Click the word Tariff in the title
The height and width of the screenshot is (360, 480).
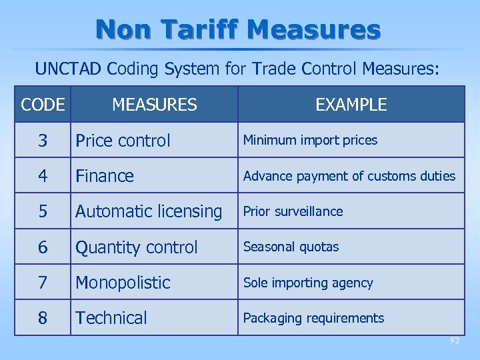199,29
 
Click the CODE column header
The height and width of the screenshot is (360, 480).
43,105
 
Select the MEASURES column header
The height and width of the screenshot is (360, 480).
155,105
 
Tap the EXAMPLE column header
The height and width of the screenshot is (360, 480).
351,105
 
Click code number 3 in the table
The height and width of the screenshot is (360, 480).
43,141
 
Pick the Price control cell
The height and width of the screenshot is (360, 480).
123,141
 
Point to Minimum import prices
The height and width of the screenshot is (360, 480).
310,140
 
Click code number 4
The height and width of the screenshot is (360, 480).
43,176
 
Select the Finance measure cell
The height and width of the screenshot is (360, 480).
105,176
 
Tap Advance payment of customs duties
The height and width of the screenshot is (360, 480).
349,176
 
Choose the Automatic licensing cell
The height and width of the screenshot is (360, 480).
149,211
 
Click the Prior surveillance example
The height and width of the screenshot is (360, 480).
293,211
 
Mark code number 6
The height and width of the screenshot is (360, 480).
43,247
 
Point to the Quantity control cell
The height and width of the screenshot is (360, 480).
137,247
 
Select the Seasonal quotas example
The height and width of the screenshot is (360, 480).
291,247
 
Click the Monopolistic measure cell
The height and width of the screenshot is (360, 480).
123,283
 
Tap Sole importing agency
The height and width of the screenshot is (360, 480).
308,283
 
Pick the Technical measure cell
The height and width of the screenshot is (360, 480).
111,318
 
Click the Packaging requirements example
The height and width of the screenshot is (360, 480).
313,318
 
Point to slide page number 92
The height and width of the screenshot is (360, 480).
454,340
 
